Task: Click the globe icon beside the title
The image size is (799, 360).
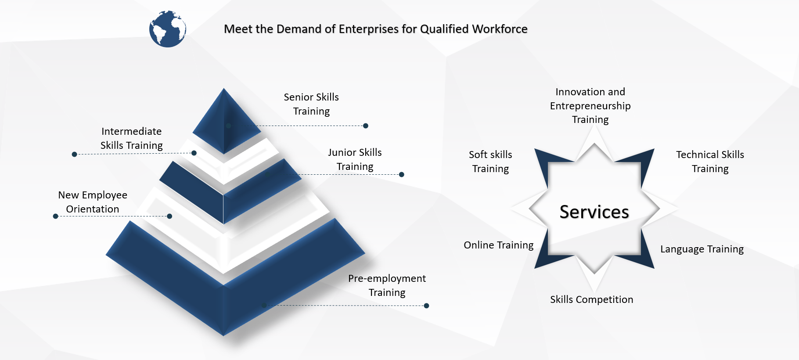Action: [168, 29]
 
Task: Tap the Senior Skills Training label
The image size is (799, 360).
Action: [311, 104]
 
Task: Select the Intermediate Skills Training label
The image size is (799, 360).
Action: [132, 138]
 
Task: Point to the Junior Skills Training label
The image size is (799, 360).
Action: [355, 159]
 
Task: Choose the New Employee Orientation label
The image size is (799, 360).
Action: [93, 202]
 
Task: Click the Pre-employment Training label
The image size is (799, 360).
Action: [387, 285]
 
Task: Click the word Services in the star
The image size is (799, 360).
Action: [594, 212]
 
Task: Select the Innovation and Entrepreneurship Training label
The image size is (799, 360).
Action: [590, 106]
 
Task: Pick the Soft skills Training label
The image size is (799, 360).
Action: [490, 162]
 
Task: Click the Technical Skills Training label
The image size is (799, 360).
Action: [710, 162]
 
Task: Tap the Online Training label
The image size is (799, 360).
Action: [498, 245]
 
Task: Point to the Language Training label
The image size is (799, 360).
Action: [702, 249]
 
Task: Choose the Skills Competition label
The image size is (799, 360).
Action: [591, 299]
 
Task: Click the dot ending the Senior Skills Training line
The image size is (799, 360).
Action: [366, 126]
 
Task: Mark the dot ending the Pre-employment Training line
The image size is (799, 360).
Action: [426, 306]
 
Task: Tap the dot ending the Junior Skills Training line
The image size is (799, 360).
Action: [401, 174]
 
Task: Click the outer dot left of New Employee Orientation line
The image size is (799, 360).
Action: [55, 216]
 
